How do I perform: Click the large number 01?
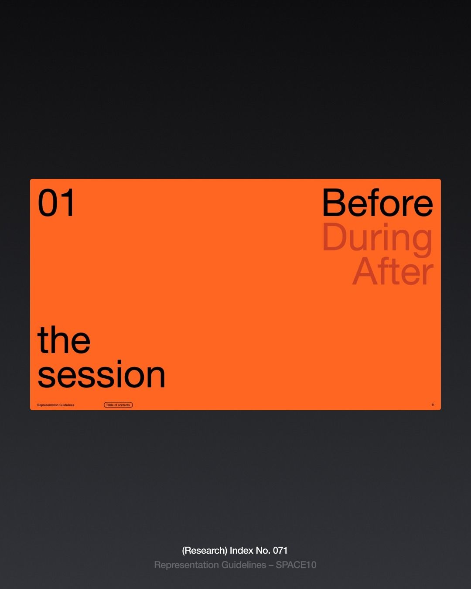point(56,202)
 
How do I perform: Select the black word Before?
point(378,202)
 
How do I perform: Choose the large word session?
point(101,374)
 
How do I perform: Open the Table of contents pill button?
point(118,405)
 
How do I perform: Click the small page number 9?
point(433,405)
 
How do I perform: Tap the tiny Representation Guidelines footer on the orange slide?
point(56,405)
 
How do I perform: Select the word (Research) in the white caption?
point(205,551)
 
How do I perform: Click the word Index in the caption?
point(241,551)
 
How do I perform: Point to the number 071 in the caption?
point(280,551)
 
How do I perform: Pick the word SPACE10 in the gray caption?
point(296,565)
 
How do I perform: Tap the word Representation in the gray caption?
point(186,565)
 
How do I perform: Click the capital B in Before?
point(332,202)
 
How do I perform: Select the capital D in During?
point(333,236)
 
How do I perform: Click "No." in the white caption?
point(263,551)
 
